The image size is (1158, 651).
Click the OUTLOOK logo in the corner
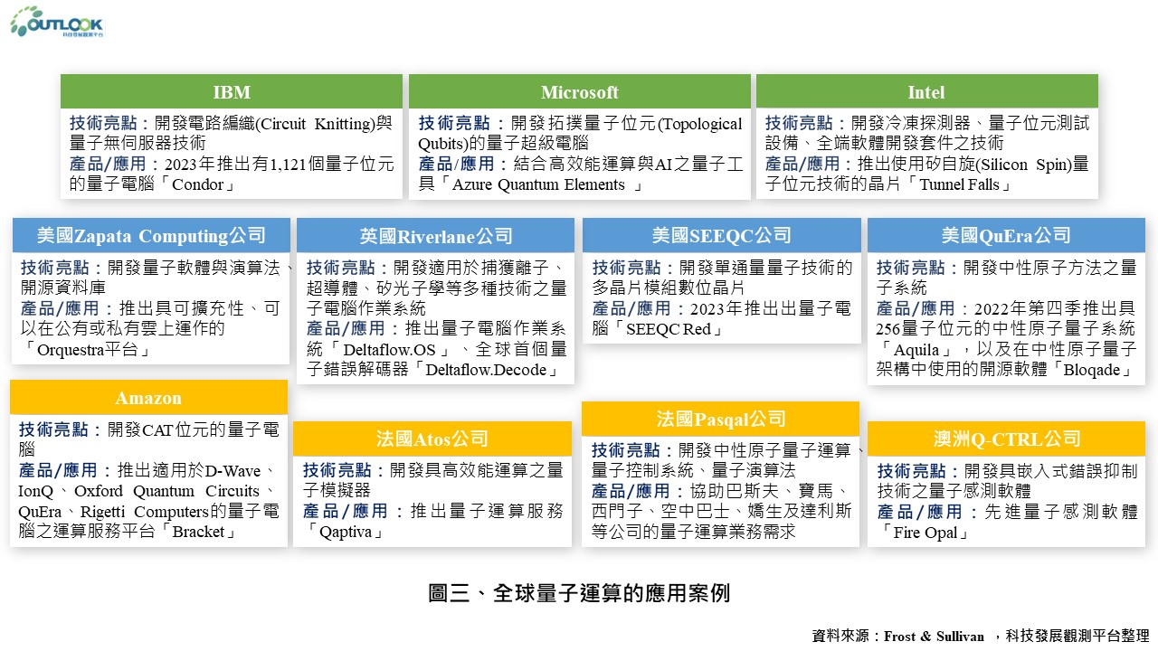[x=57, y=23]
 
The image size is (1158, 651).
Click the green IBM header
[x=231, y=91]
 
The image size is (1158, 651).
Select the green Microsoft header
[x=580, y=91]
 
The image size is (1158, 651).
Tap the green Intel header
[x=927, y=91]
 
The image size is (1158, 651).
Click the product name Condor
[x=197, y=184]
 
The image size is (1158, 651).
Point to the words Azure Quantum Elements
[x=538, y=184]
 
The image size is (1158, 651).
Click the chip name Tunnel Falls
[x=959, y=184]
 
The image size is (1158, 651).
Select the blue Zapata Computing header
[x=151, y=235]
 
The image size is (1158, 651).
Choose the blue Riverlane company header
[x=435, y=236]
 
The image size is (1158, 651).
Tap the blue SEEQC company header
[x=722, y=235]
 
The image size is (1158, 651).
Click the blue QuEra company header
[x=1006, y=235]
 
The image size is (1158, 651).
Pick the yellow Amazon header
[x=148, y=397]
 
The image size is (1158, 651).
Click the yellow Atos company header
[x=432, y=439]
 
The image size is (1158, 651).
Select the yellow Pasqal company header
[x=721, y=419]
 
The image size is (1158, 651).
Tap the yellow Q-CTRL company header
[x=1006, y=439]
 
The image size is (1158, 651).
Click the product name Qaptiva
[x=346, y=532]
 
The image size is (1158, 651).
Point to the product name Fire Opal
[x=925, y=533]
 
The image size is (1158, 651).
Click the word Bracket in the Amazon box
[x=198, y=532]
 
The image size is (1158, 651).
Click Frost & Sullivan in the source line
[x=934, y=636]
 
